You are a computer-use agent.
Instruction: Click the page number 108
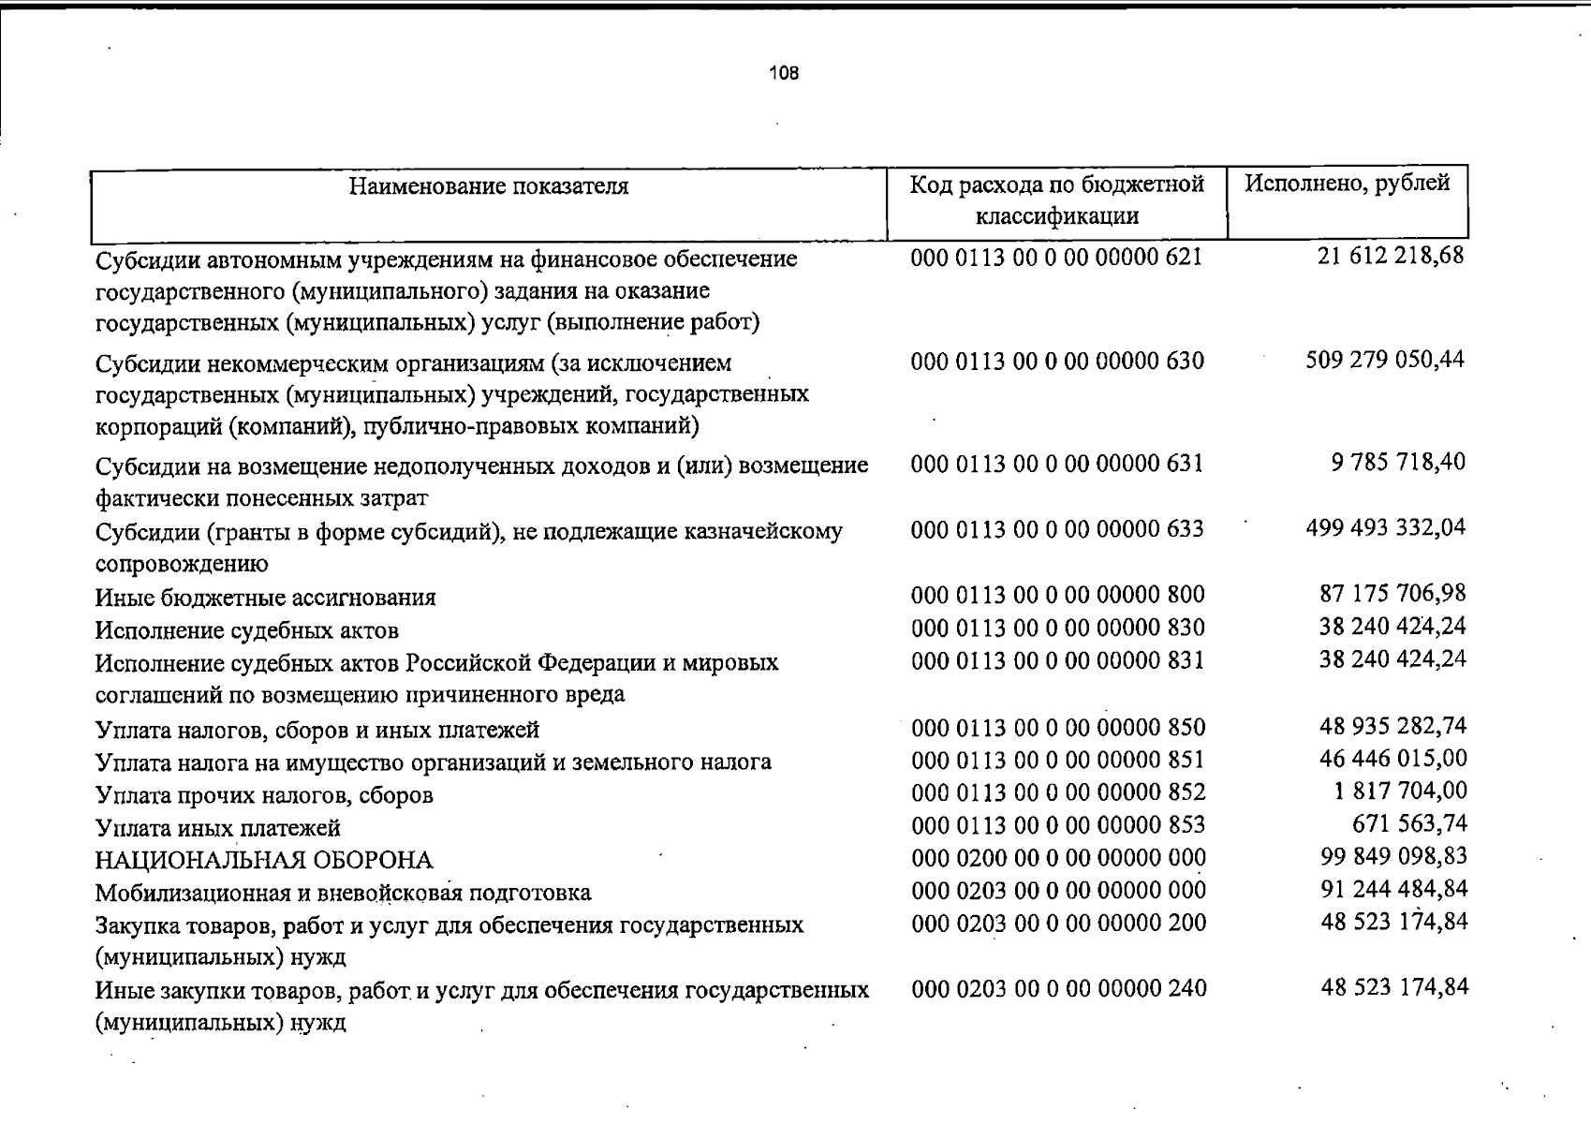[784, 73]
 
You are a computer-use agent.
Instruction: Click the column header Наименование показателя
[489, 186]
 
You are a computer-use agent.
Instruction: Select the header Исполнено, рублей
[1347, 183]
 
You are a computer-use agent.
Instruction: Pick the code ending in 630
[1057, 361]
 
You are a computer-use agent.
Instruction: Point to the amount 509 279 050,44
[1385, 360]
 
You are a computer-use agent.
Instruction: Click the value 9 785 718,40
[1398, 463]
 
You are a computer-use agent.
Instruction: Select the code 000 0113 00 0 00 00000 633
[1057, 529]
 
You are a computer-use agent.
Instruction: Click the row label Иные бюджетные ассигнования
[266, 598]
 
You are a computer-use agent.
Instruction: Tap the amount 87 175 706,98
[1392, 594]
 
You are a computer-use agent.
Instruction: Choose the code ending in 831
[1057, 661]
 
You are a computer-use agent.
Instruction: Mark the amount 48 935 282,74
[1392, 726]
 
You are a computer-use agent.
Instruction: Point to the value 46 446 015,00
[1391, 759]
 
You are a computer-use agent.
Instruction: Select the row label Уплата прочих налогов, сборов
[264, 795]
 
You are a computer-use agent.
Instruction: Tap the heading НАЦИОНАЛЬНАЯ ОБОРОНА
[264, 860]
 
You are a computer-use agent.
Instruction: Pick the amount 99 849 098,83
[1392, 857]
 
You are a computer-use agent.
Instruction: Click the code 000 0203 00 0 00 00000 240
[1058, 988]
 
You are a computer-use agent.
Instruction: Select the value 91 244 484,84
[1392, 889]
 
